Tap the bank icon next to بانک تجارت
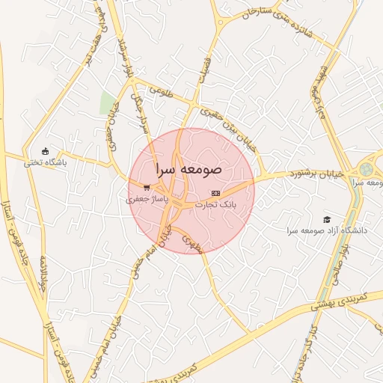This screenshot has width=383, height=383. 215,193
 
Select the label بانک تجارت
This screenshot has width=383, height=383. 216,203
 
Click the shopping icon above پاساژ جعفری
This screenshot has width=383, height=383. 146,187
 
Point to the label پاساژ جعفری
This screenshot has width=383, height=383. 141,199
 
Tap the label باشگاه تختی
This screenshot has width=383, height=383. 45,162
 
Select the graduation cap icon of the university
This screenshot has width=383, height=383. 327,219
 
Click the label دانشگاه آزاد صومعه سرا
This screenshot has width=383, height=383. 327,230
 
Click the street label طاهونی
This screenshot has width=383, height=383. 160,91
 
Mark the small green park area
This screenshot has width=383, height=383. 108,103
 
